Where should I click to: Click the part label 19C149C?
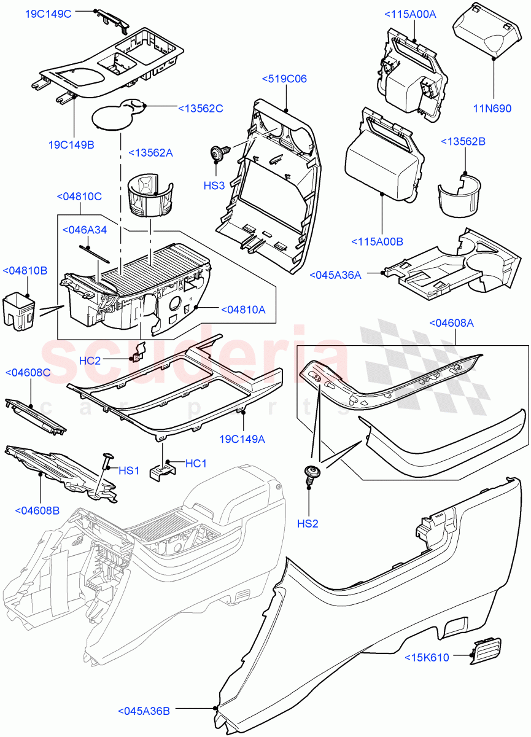tap(48, 14)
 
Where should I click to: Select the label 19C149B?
tap(71, 145)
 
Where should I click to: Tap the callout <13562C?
tap(200, 109)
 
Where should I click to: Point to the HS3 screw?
tap(217, 152)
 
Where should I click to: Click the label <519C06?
tap(284, 79)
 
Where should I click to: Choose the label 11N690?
tap(492, 109)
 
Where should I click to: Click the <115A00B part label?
tap(377, 242)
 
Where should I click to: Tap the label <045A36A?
tap(336, 275)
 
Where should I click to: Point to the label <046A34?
tap(85, 230)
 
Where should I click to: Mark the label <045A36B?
tap(144, 711)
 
